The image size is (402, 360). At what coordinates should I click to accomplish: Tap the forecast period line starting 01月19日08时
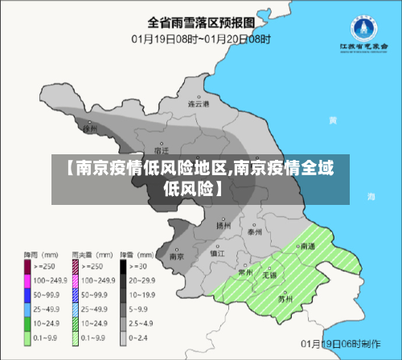coord(202,38)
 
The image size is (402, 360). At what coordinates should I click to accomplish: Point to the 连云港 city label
coord(198,104)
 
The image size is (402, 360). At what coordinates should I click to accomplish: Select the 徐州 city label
coord(90,128)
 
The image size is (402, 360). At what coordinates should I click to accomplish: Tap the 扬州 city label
coord(223,225)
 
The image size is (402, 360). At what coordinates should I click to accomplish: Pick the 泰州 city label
coord(255,231)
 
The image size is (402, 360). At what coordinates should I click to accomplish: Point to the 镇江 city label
coord(217,253)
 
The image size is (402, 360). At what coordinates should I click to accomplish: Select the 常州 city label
coord(245,272)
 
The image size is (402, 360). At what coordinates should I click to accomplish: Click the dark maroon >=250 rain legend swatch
coord(27,265)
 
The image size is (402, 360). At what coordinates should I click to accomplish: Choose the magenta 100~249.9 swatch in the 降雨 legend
coord(27,280)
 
